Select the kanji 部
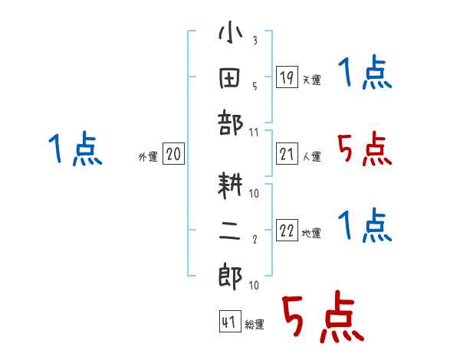(x=230, y=123)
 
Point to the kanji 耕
(x=230, y=185)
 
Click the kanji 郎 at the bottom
(x=230, y=273)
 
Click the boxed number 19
(x=286, y=77)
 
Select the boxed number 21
(x=286, y=155)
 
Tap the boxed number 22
(x=286, y=231)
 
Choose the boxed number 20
(x=173, y=155)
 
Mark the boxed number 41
(x=228, y=322)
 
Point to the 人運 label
(x=311, y=157)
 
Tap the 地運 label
(x=311, y=234)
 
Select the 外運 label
(x=148, y=157)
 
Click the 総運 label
(x=254, y=325)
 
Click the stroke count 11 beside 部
(x=255, y=132)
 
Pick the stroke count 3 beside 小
(x=254, y=41)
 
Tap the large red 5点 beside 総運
(x=321, y=319)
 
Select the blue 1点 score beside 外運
(x=74, y=149)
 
